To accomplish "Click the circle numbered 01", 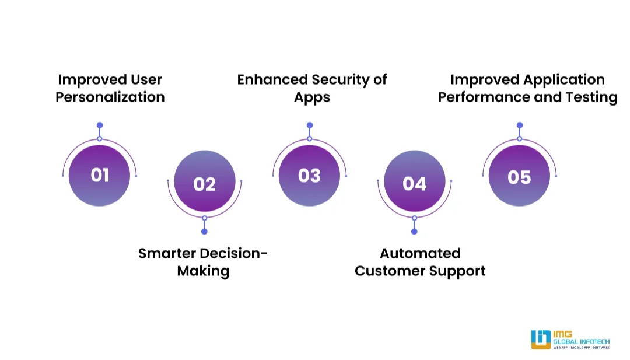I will [x=99, y=175].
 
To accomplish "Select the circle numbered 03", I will [x=309, y=175].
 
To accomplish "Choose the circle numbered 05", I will [x=519, y=175].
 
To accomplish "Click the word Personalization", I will [x=110, y=97].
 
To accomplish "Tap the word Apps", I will [x=312, y=97].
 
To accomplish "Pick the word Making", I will [x=203, y=271].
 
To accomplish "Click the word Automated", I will [x=420, y=253].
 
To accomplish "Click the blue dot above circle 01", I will [x=100, y=125].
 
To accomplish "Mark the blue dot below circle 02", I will [x=204, y=232].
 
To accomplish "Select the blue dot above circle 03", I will [x=310, y=125].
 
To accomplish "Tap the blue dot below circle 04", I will [x=414, y=232].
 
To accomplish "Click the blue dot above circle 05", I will [x=520, y=125].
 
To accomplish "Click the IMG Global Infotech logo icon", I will [x=541, y=340].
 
